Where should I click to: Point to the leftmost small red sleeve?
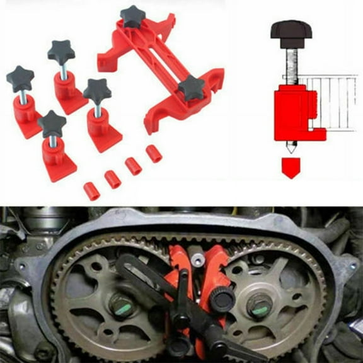pos(92,191)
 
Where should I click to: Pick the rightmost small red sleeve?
pos(153,154)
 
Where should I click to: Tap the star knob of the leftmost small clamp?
pos(20,79)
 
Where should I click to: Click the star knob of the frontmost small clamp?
pos(51,123)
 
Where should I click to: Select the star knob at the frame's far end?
pos(133,16)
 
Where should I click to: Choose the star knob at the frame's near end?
pos(191,88)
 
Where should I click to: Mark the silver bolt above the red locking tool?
pos(196,259)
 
